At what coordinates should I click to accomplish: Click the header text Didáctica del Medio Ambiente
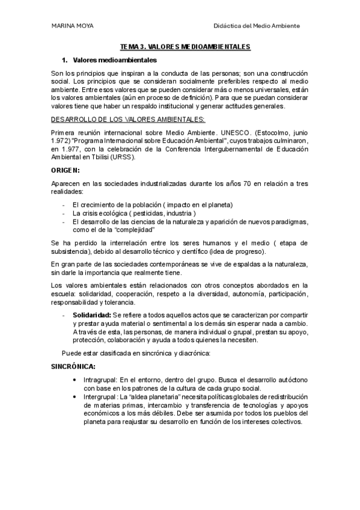(257, 26)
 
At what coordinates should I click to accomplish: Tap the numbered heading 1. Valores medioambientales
(109, 61)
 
